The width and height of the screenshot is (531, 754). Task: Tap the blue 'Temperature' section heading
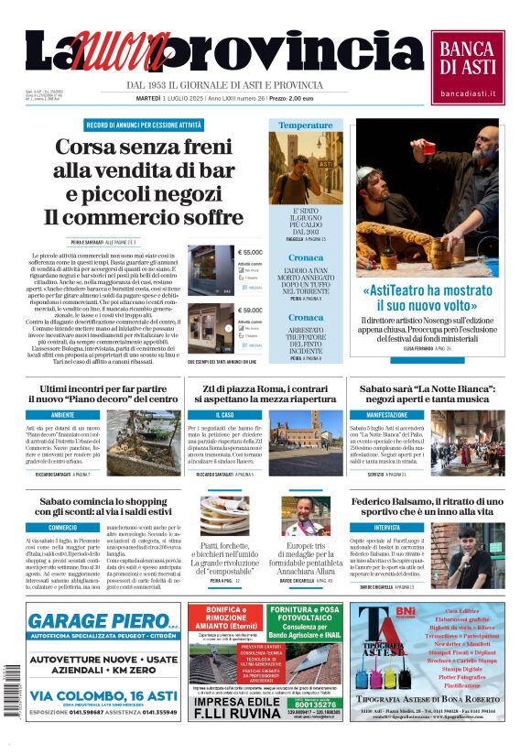pos(306,125)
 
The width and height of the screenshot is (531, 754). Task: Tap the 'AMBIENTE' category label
pos(63,415)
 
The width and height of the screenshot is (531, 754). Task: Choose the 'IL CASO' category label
pos(224,415)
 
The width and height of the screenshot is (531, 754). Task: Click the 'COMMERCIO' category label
pos(63,528)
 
